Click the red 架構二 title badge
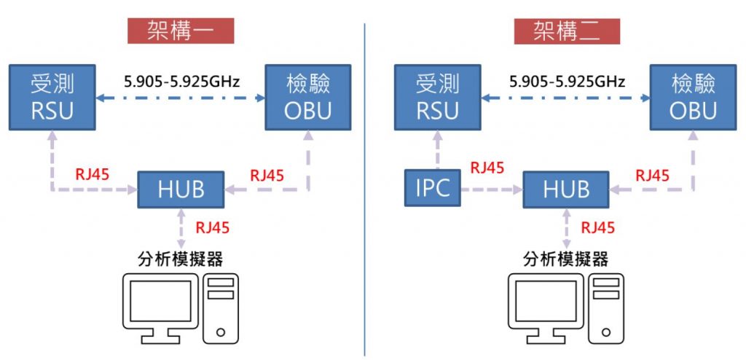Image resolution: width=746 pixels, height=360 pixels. coord(566,31)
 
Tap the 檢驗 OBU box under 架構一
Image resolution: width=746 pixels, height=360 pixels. coord(308,96)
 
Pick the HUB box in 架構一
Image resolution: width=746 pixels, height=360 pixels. coord(181,189)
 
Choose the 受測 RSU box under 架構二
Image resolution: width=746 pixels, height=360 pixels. coord(437,96)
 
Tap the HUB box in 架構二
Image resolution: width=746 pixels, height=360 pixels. coord(567,189)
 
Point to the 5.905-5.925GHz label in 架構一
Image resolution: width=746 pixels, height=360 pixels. coord(182,82)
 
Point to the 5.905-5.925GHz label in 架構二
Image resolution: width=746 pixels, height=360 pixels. coord(568,82)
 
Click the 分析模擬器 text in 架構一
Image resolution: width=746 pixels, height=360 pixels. coord(180,258)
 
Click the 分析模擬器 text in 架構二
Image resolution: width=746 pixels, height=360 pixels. coord(565,258)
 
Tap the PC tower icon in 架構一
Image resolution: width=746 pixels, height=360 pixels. coord(221,308)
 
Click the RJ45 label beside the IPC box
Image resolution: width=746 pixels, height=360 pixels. coord(487,168)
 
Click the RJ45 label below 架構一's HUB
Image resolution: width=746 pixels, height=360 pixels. coord(213,227)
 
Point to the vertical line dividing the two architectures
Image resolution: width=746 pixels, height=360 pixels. coord(365,189)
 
